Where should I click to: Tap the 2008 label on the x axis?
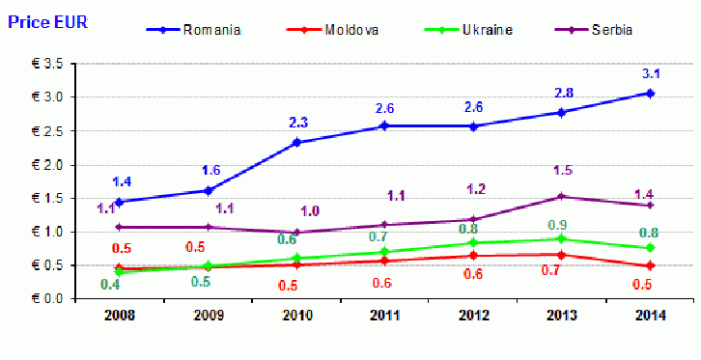119,316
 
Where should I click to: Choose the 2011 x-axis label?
384,316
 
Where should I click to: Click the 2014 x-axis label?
650,316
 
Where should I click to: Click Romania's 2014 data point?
650,93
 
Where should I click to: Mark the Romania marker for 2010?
296,143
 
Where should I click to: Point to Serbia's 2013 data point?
561,197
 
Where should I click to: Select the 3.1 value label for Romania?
651,73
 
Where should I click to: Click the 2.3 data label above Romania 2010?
297,123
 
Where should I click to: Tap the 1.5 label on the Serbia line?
563,170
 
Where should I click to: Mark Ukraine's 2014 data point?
650,247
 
